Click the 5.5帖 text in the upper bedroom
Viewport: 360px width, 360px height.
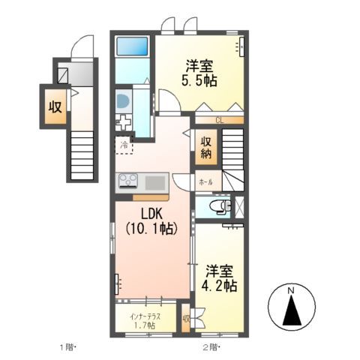199,79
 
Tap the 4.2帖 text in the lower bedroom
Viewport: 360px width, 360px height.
220,286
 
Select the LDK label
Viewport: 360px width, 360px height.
150,211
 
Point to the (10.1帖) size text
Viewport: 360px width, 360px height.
151,228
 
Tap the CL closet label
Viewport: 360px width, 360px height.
219,120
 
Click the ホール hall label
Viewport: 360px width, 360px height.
205,181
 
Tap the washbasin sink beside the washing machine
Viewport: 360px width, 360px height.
124,102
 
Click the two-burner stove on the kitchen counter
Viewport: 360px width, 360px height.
128,181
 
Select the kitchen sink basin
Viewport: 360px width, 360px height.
156,181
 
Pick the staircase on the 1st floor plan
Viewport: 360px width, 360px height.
81,153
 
